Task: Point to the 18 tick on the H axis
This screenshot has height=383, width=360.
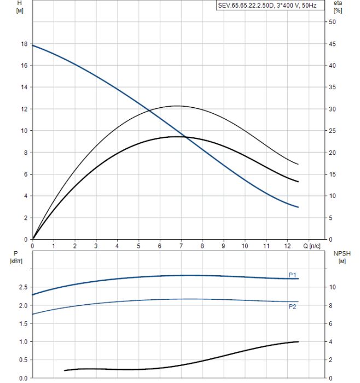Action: [24, 44]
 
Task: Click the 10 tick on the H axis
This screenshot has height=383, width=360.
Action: [24, 131]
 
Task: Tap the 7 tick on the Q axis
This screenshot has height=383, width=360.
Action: [181, 246]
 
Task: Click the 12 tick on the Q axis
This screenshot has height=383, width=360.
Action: [287, 246]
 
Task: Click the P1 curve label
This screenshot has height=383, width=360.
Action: [293, 275]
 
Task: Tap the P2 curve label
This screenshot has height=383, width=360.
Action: [293, 307]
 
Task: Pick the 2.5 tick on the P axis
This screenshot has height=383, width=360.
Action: [22, 287]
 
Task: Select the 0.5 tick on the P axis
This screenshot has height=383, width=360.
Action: [22, 360]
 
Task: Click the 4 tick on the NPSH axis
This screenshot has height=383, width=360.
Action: [331, 342]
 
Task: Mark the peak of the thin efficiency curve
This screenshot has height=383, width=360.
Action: [177, 106]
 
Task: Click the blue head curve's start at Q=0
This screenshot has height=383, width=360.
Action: [33, 45]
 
